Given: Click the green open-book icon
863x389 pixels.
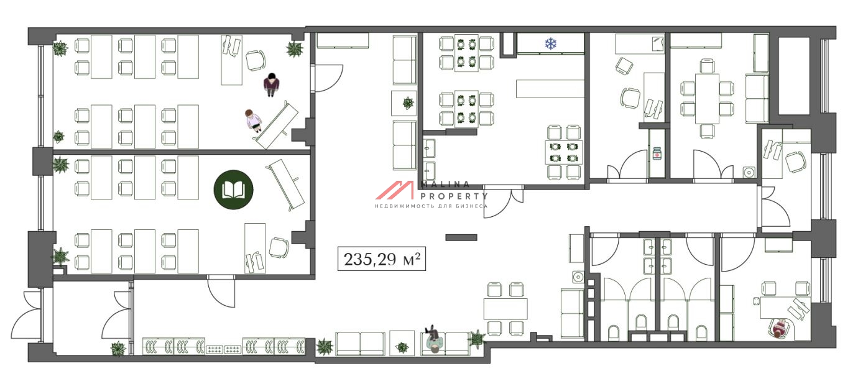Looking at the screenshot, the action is pyautogui.click(x=234, y=190).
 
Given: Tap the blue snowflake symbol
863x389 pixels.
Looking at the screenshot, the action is pyautogui.click(x=551, y=43).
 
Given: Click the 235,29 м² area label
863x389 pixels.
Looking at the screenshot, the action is pyautogui.click(x=382, y=259).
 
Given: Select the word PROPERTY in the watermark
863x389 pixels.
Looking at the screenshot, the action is pyautogui.click(x=454, y=196).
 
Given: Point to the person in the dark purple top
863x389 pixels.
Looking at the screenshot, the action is pyautogui.click(x=271, y=85).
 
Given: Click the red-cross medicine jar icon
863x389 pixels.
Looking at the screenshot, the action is pyautogui.click(x=657, y=153).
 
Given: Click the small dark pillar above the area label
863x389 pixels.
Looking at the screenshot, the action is pyautogui.click(x=461, y=237).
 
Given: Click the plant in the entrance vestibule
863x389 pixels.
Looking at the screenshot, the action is pyautogui.click(x=118, y=348).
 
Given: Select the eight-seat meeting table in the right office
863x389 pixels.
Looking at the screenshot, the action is pyautogui.click(x=707, y=99).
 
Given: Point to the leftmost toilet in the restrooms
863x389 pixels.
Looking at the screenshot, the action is pyautogui.click(x=614, y=333).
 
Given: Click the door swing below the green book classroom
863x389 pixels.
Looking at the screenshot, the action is pyautogui.click(x=221, y=291).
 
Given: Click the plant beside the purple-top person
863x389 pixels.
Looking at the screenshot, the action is pyautogui.click(x=294, y=49).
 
